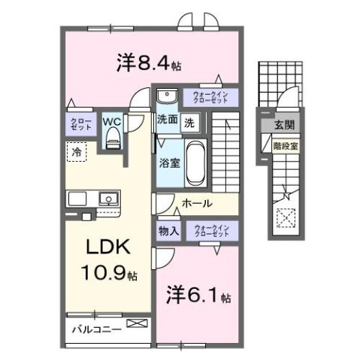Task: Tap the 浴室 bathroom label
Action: [168, 163]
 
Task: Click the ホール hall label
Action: [198, 203]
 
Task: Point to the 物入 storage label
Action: [168, 231]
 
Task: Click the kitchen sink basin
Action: [107, 200]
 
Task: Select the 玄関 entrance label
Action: [283, 125]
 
